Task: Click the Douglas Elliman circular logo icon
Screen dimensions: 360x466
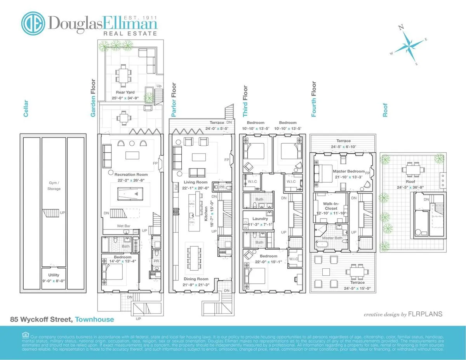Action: [33, 23]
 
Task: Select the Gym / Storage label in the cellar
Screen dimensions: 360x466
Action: [54, 186]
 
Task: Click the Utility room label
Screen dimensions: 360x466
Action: [54, 275]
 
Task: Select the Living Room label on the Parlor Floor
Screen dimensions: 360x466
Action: [195, 182]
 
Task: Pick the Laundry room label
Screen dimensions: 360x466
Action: [260, 219]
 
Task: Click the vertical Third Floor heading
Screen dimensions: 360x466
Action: [245, 101]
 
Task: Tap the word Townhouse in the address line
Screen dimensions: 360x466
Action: [94, 320]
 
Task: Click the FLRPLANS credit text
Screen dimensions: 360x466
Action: [426, 314]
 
